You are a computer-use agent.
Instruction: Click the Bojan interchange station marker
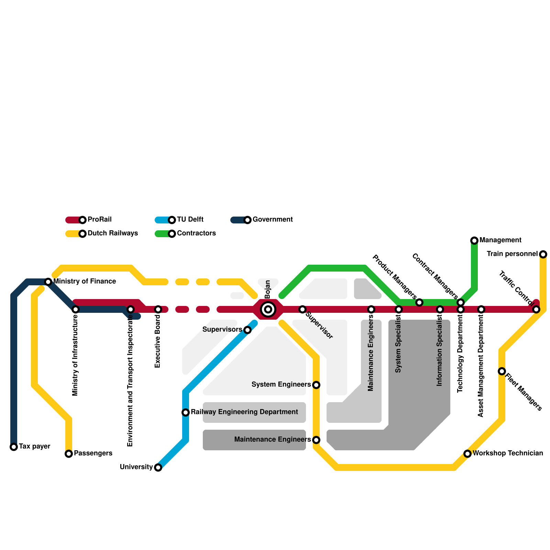(x=268, y=309)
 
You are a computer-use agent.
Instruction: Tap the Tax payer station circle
(x=14, y=447)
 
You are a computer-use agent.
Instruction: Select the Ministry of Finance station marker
(x=48, y=282)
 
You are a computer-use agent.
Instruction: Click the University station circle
(x=158, y=467)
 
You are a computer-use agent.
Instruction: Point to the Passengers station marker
(x=69, y=454)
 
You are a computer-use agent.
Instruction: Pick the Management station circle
(x=474, y=241)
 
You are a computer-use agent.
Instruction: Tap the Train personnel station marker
(x=543, y=254)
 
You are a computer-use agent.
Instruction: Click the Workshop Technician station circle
(x=467, y=454)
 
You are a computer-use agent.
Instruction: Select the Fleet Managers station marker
(x=502, y=371)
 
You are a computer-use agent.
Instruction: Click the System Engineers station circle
(x=316, y=385)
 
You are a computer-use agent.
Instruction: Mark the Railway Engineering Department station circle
(x=186, y=412)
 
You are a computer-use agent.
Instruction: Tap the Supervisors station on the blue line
(x=247, y=330)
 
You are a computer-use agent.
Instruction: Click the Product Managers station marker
(x=419, y=302)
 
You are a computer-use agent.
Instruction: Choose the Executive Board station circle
(x=158, y=309)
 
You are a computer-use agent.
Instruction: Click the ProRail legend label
(x=99, y=220)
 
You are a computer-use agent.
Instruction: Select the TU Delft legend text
(x=190, y=220)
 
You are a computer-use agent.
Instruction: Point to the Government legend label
(x=273, y=220)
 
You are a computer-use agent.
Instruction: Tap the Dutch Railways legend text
(x=112, y=233)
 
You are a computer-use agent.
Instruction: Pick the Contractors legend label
(x=196, y=233)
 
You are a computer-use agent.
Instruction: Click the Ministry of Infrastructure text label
(x=75, y=355)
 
